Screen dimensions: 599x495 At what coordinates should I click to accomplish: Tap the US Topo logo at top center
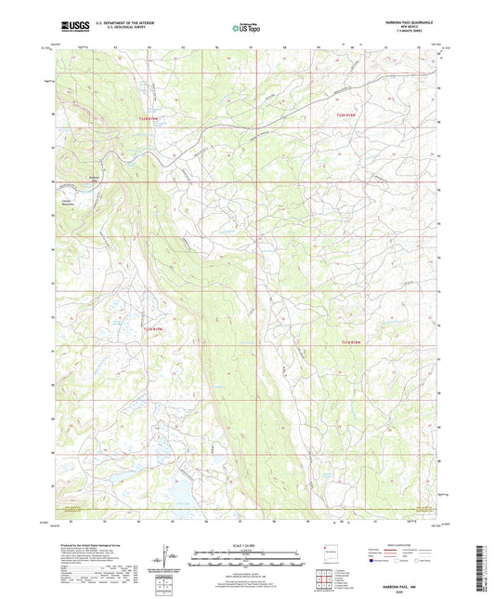click(247, 29)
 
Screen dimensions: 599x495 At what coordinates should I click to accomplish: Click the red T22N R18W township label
click(347, 114)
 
